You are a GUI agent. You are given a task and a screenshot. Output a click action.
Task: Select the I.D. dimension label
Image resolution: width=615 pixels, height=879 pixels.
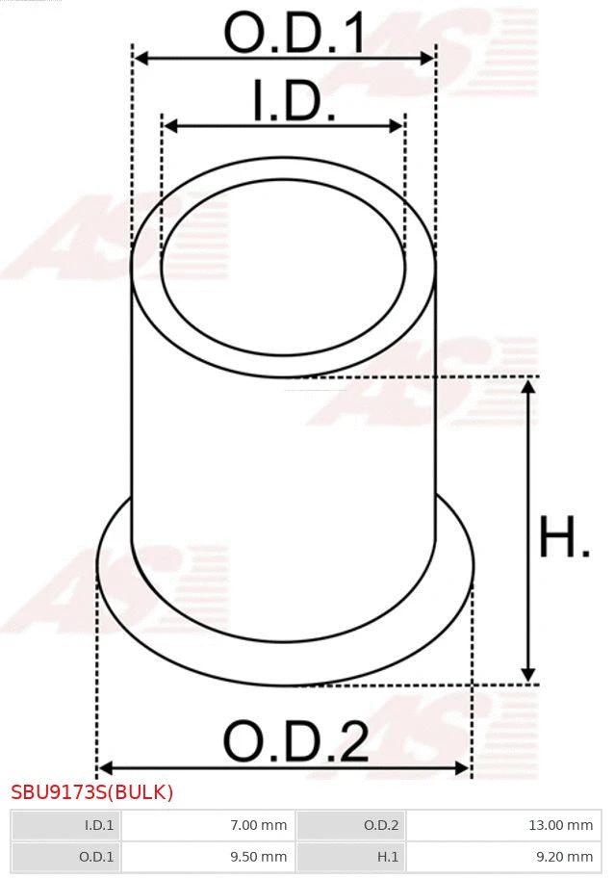point(294,102)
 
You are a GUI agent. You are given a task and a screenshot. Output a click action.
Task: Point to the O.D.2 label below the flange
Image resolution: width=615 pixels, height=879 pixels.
point(295,742)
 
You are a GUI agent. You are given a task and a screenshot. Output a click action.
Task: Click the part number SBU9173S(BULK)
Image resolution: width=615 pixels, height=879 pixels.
point(92,793)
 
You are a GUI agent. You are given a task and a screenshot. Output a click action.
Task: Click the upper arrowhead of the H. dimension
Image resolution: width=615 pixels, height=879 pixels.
point(527,387)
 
